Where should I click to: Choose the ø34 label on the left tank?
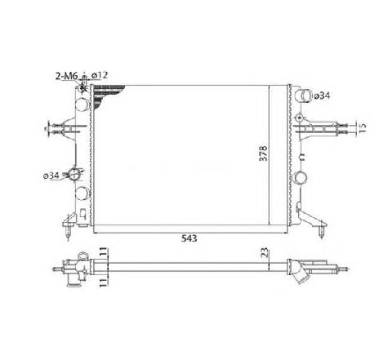tap(51, 174)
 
